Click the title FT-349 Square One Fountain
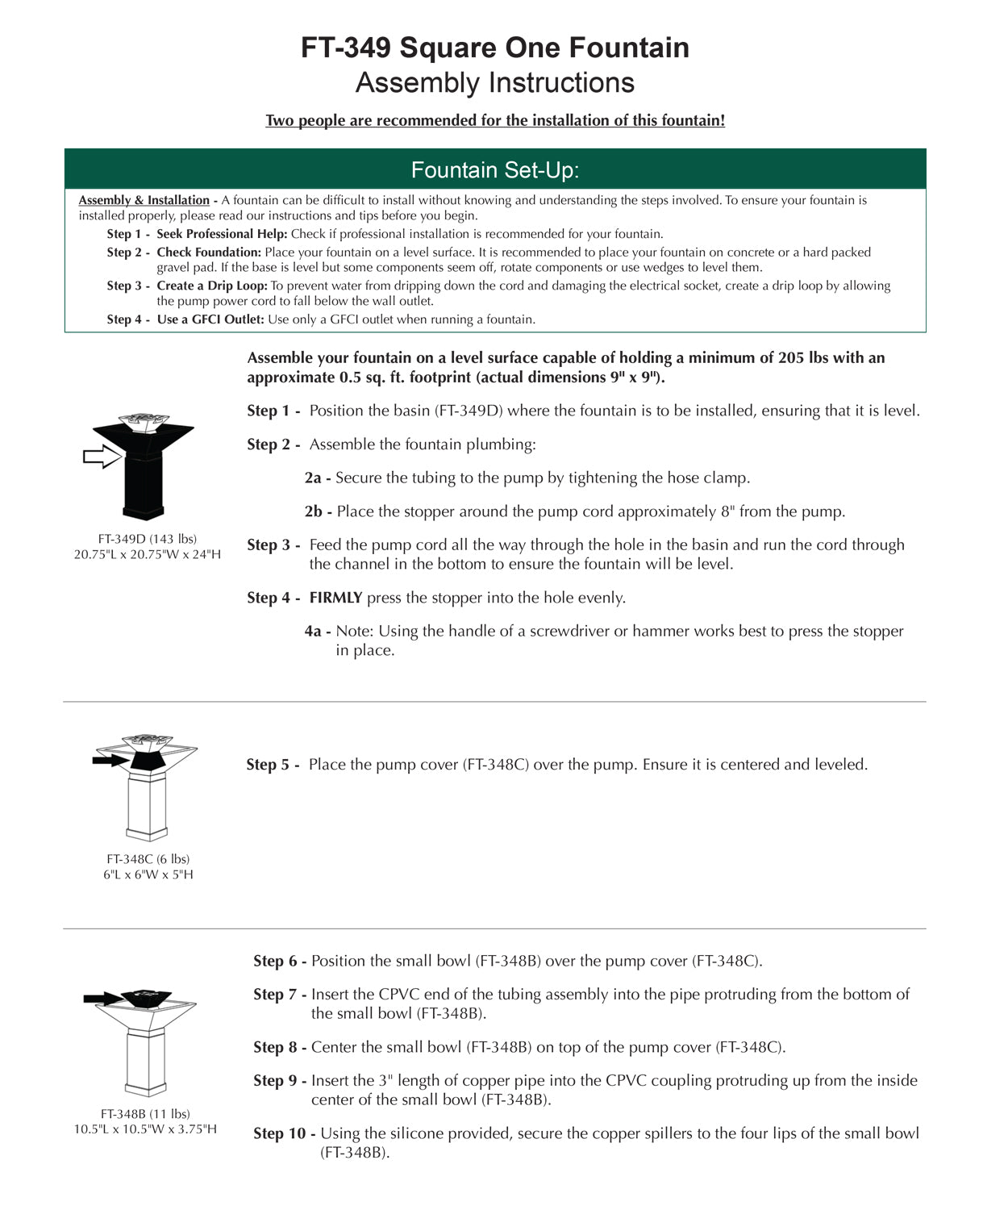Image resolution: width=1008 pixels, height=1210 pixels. pyautogui.click(x=495, y=48)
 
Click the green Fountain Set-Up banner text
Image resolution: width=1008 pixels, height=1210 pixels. pyautogui.click(x=495, y=170)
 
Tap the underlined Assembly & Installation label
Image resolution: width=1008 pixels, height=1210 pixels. pyautogui.click(x=144, y=200)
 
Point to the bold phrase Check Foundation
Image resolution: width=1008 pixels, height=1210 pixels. pyautogui.click(x=209, y=252)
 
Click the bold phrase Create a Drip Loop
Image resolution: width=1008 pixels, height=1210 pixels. pyautogui.click(x=212, y=286)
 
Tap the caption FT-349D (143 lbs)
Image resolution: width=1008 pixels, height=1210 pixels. pyautogui.click(x=148, y=539)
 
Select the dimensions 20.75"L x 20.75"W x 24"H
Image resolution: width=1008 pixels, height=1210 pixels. pyautogui.click(x=148, y=554)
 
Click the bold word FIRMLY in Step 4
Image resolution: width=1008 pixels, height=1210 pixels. pyautogui.click(x=335, y=598)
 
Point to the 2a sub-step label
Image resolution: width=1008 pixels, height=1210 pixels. pyautogui.click(x=313, y=478)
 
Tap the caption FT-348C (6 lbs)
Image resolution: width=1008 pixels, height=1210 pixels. pyautogui.click(x=148, y=859)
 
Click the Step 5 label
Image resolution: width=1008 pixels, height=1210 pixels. pyautogui.click(x=273, y=765)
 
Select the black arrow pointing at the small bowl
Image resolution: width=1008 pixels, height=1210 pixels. pyautogui.click(x=103, y=999)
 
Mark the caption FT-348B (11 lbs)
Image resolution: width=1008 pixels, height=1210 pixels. pyautogui.click(x=145, y=1114)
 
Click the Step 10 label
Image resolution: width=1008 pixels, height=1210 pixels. pyautogui.click(x=284, y=1133)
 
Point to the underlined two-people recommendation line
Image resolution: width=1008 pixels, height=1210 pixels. pyautogui.click(x=495, y=121)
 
